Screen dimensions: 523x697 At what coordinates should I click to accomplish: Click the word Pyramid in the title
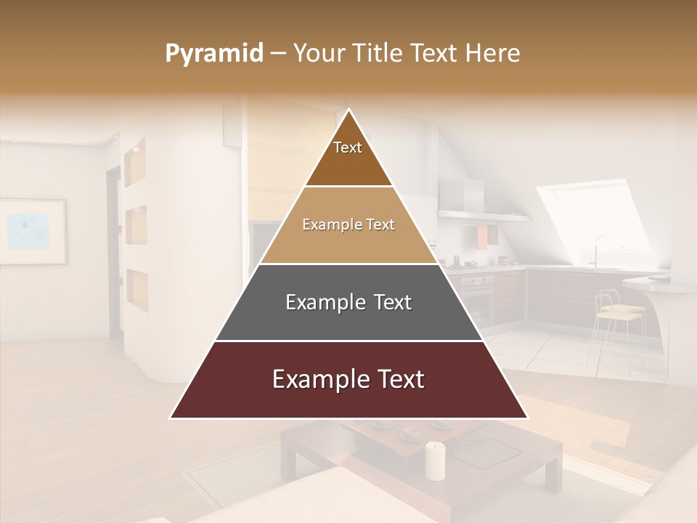214,54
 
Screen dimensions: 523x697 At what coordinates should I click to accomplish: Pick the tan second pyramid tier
348,225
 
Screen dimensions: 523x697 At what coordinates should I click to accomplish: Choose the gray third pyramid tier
348,302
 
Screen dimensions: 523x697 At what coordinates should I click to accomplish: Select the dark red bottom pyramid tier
348,380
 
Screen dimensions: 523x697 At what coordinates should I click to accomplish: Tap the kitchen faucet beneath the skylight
598,247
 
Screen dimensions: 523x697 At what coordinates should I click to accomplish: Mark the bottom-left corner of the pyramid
171,418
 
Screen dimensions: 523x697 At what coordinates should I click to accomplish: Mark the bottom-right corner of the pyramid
527,418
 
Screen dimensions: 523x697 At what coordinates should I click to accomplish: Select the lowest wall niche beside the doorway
137,289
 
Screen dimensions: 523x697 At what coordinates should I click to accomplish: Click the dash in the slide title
278,54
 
